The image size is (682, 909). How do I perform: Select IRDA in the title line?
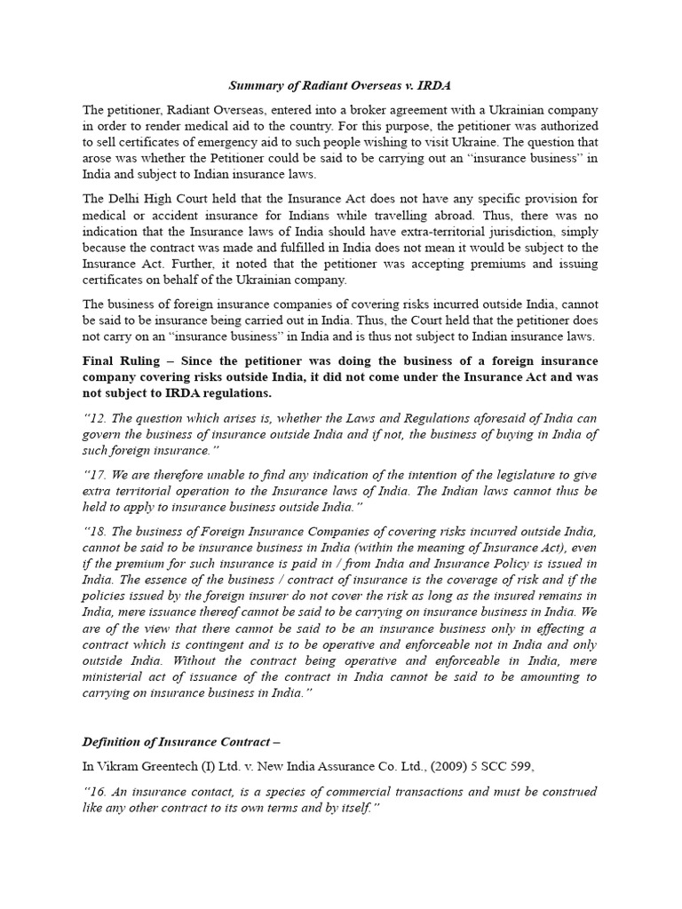(435, 86)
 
